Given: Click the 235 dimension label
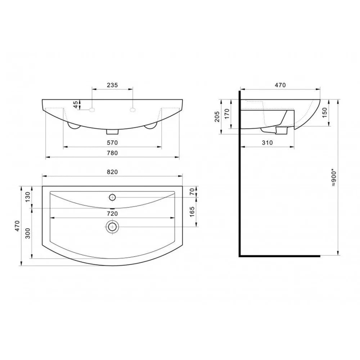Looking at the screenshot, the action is (x=112, y=85).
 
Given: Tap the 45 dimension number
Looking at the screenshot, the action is (x=76, y=104).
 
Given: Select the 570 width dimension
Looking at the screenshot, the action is (x=112, y=143).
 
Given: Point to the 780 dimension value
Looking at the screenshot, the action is (x=112, y=153).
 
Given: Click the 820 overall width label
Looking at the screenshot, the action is (x=112, y=172).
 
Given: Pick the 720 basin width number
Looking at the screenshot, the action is (x=112, y=214).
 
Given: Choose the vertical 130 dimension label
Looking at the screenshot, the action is (x=28, y=197).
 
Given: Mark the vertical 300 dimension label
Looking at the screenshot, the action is (x=28, y=233).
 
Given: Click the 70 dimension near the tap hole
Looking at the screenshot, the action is (x=192, y=191).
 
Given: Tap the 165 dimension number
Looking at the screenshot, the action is (x=192, y=212).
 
